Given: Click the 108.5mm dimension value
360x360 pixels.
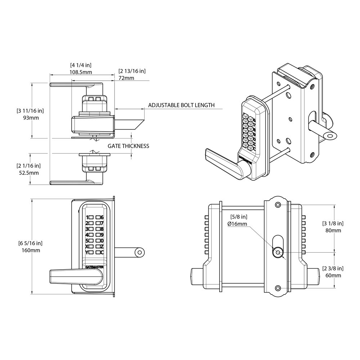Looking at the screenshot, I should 81,72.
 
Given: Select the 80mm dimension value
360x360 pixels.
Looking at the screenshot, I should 333,230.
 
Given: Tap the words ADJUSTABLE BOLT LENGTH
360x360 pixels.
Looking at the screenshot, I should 181,105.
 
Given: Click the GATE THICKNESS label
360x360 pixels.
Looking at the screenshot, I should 129,146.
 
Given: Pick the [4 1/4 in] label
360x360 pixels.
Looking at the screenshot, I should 81,65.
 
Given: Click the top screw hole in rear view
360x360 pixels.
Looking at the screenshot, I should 278,204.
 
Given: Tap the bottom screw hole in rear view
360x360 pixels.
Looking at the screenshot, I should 278,287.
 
